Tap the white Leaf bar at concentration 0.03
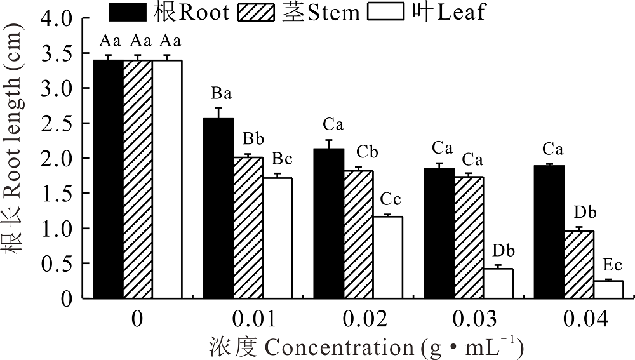498,283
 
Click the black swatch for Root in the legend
128,11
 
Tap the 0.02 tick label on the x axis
358,319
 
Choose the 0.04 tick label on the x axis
578,319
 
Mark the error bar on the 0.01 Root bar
218,112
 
